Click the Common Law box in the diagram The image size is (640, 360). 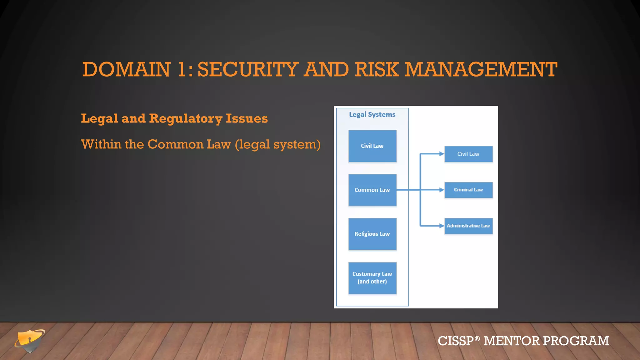coord(372,190)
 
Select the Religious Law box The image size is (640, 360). coord(372,234)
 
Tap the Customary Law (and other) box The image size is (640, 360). coord(372,278)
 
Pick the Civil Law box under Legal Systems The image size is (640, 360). coord(372,146)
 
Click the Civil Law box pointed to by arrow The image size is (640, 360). coord(468,154)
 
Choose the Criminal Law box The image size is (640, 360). coord(468,190)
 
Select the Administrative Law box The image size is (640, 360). coord(468,226)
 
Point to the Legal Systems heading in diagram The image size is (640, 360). coord(372,115)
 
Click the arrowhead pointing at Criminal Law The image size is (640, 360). coord(442,190)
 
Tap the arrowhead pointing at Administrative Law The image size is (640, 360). coord(442,226)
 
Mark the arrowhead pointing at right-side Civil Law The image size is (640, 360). coord(442,154)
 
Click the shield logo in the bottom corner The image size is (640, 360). coord(29,341)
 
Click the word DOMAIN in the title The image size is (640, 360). coord(126,69)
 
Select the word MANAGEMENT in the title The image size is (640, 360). coord(481,69)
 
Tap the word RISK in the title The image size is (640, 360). coord(377,69)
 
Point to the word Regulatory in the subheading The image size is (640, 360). coord(186,119)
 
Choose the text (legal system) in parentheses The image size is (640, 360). coord(277,145)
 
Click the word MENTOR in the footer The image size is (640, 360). coord(512,341)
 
